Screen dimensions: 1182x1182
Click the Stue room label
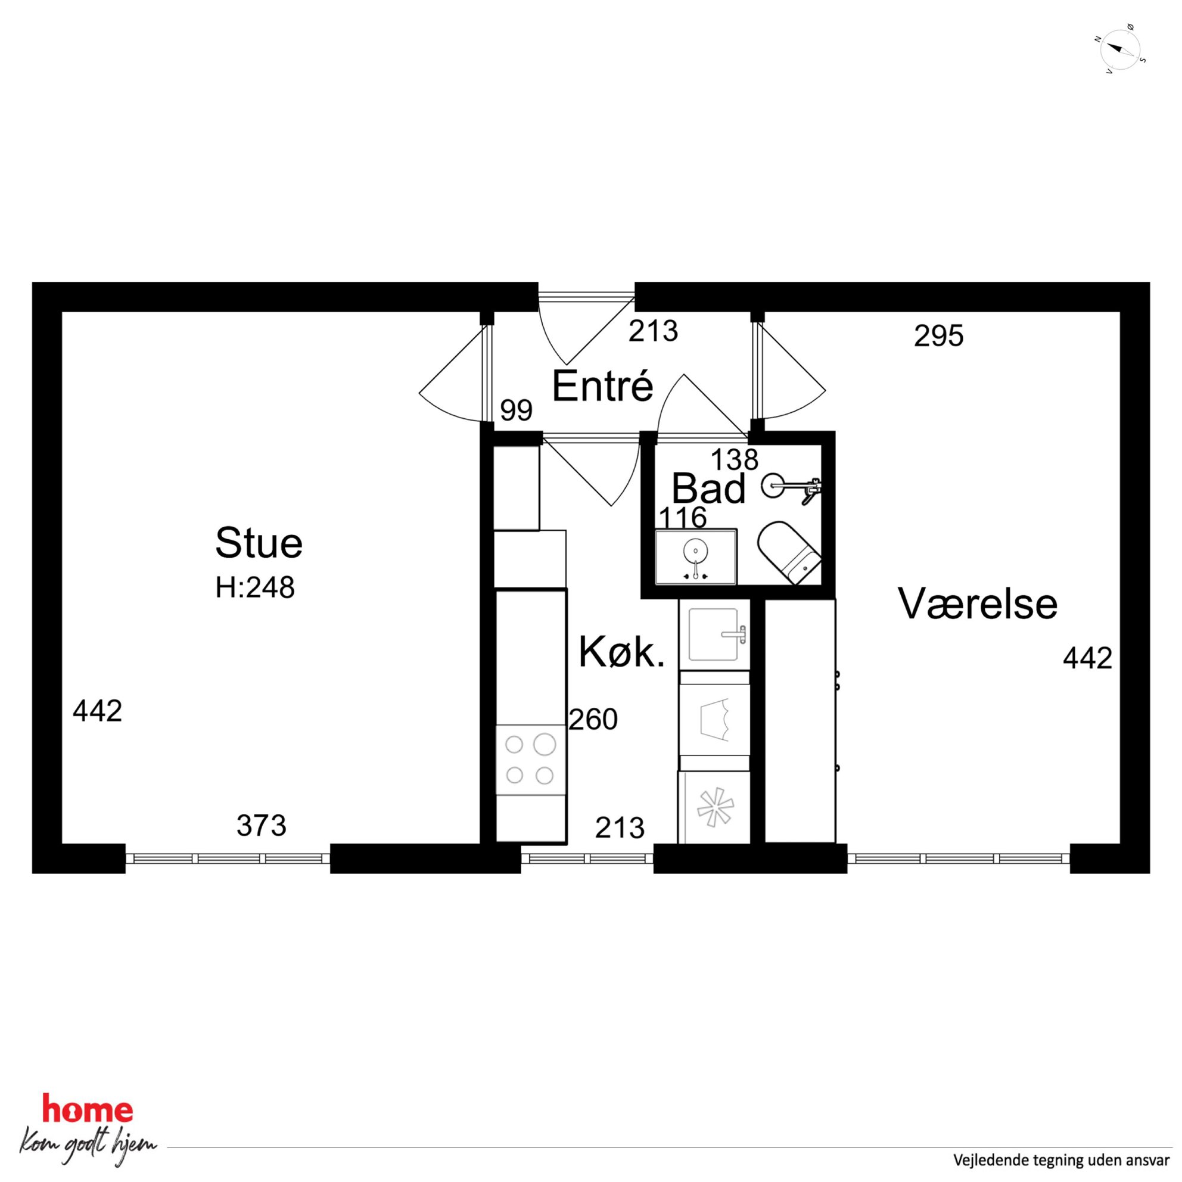point(259,543)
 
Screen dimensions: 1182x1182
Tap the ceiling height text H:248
point(255,588)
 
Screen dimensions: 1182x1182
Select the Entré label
point(603,386)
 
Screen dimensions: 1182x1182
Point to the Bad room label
point(708,489)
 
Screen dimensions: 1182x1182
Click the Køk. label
point(621,652)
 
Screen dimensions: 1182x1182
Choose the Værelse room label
point(978,604)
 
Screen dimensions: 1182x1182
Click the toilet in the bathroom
point(789,552)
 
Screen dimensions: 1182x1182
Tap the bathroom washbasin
point(696,556)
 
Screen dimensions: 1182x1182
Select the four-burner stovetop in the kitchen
point(530,760)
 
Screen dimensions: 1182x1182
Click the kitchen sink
point(714,634)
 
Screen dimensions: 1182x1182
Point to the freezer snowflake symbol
point(714,808)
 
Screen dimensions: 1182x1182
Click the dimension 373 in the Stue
point(261,825)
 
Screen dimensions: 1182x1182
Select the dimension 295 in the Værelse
point(938,336)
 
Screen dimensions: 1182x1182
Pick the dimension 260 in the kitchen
point(593,720)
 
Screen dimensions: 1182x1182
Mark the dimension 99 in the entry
point(517,410)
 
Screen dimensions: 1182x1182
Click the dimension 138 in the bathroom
point(734,458)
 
